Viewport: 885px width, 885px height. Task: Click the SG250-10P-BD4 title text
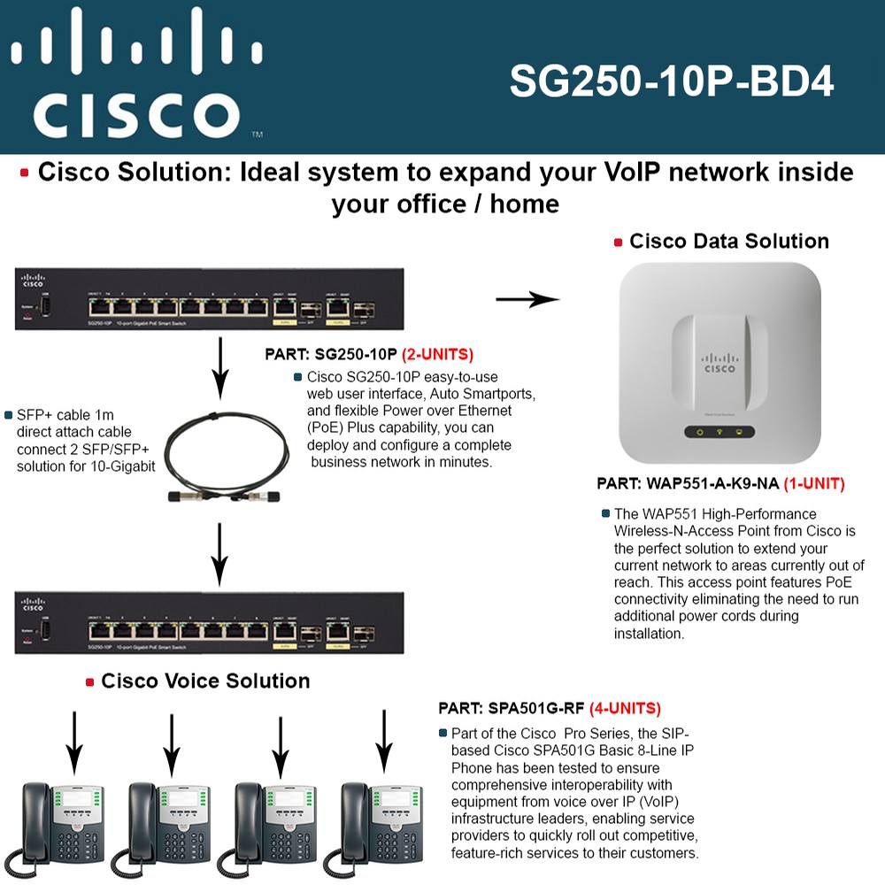point(672,82)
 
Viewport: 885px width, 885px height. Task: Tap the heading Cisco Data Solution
point(728,241)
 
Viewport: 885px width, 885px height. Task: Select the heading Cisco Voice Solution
point(205,681)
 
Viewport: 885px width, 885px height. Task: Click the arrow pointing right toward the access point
point(527,300)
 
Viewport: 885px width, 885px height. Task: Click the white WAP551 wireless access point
point(721,364)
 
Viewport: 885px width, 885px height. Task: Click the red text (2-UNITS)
point(437,355)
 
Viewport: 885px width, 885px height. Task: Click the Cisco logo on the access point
point(720,365)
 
